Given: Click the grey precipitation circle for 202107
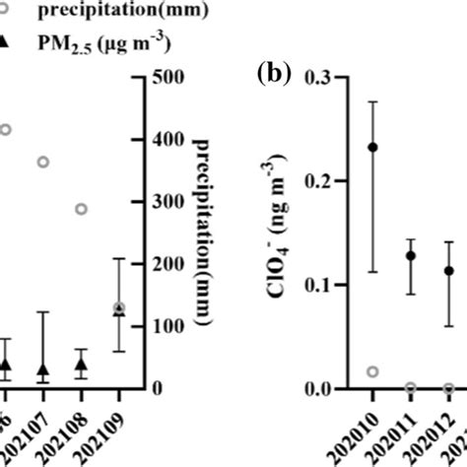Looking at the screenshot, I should [43, 162].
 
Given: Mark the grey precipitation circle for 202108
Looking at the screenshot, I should [82, 209].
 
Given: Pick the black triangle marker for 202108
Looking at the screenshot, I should [82, 364].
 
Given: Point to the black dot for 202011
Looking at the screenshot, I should [410, 255].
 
